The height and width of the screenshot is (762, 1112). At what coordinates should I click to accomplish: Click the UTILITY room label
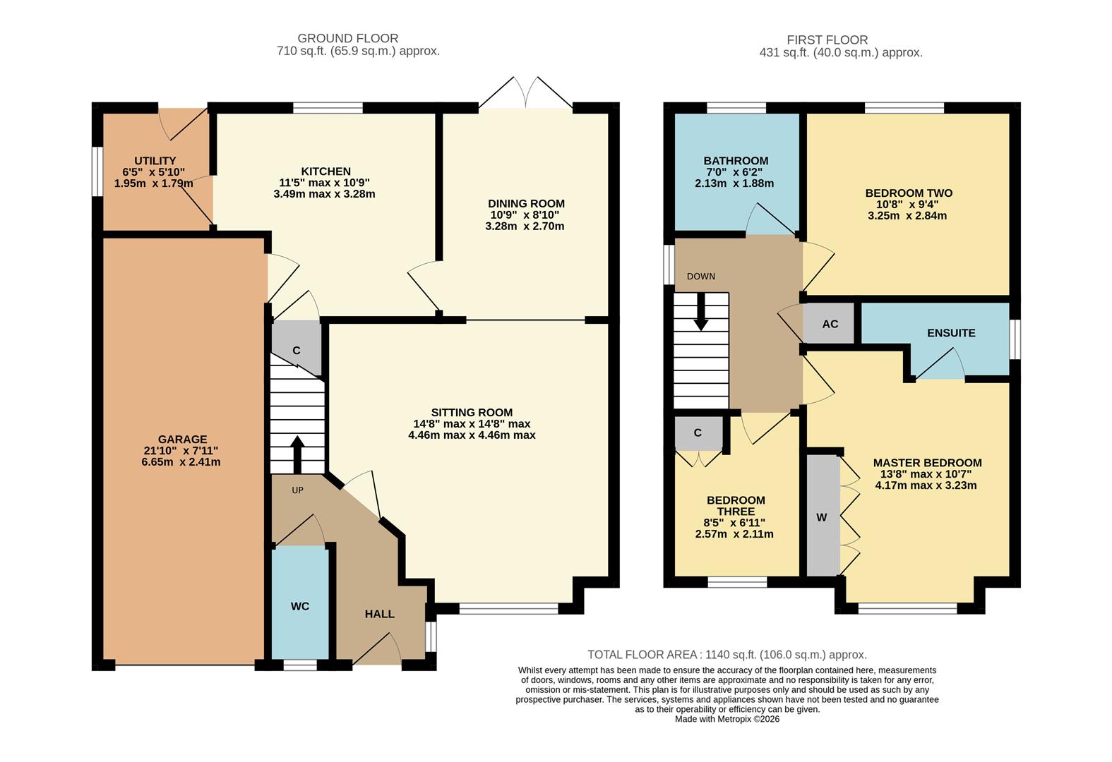coord(155,161)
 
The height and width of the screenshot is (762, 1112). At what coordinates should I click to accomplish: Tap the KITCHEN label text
coord(325,171)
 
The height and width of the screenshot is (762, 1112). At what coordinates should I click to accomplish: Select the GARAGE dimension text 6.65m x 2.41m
coord(181,462)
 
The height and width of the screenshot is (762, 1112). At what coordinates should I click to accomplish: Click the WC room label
coord(300,606)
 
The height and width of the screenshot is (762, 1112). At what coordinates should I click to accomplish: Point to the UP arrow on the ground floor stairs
coord(297,455)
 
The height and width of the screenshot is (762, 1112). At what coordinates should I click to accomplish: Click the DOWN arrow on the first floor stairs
coord(700,312)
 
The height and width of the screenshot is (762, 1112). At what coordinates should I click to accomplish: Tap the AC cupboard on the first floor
coord(830,324)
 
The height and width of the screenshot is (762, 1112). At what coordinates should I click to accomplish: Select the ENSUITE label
coord(951,333)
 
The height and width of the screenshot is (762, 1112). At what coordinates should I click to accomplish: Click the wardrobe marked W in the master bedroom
coord(822,517)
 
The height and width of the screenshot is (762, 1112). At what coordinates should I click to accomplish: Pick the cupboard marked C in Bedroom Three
coord(698,433)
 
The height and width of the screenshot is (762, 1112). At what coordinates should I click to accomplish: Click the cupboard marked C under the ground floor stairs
coord(297,350)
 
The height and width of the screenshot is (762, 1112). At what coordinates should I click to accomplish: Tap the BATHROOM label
coord(736,161)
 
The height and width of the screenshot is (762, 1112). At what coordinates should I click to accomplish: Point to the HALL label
coord(379,614)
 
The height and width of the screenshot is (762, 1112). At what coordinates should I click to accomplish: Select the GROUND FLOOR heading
coord(347,39)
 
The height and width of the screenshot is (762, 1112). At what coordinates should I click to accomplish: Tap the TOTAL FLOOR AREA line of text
coord(727,655)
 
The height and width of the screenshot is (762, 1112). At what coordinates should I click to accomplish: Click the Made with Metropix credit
coord(727,719)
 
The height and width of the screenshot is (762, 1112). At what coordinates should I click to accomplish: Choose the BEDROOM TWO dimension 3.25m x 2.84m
coord(907,216)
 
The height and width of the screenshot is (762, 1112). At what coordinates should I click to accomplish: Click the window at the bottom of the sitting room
coord(508,608)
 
